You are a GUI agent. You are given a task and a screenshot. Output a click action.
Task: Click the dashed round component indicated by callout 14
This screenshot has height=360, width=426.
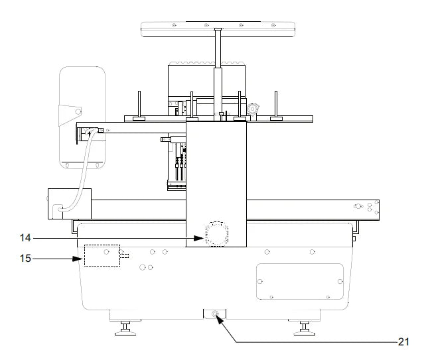tap(216, 234)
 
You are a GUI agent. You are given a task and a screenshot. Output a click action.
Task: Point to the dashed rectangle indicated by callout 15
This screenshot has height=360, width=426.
tap(101, 256)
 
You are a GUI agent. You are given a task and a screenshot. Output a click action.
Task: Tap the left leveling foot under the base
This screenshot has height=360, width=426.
tap(124, 327)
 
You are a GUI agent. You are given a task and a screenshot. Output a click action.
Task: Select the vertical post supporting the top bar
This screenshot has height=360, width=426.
tap(217, 73)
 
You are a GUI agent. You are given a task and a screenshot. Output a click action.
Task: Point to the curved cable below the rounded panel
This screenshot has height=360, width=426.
tap(78, 179)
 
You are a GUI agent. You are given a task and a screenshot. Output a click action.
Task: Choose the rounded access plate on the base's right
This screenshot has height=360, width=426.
tap(299, 281)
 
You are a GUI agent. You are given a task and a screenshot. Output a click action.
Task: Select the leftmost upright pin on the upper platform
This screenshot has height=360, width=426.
tap(138, 106)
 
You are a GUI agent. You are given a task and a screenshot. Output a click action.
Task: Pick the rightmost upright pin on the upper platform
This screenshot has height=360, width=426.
tap(276, 106)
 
